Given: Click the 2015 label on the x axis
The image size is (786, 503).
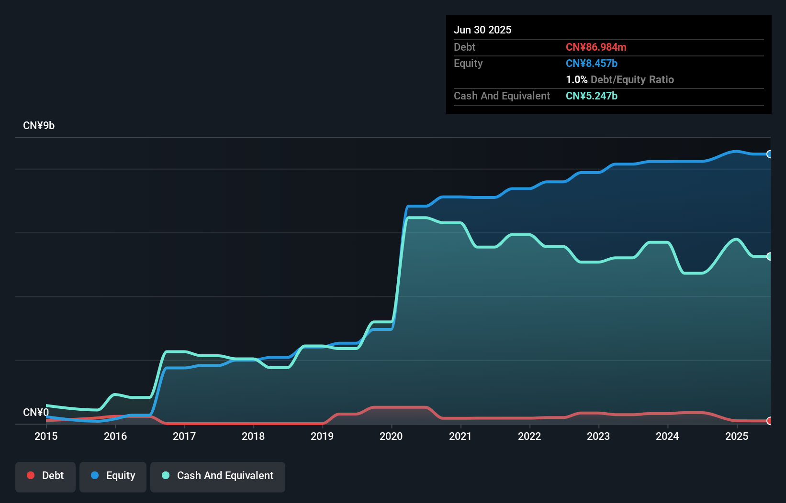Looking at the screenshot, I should pyautogui.click(x=46, y=436).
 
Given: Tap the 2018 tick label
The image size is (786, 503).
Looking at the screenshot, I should pyautogui.click(x=253, y=436).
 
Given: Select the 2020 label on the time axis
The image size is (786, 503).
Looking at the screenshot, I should pyautogui.click(x=391, y=436).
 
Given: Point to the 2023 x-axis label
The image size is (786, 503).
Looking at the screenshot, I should pyautogui.click(x=598, y=436).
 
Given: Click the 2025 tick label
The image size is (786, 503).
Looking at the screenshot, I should pyautogui.click(x=736, y=436).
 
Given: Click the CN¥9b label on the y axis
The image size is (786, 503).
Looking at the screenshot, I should pyautogui.click(x=39, y=126).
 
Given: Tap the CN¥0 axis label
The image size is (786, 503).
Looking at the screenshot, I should pyautogui.click(x=36, y=412).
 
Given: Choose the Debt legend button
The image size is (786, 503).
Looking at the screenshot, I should pyautogui.click(x=45, y=476).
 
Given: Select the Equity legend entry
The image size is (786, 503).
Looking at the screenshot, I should pyautogui.click(x=113, y=476).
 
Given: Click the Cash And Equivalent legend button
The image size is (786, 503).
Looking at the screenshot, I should pyautogui.click(x=218, y=476).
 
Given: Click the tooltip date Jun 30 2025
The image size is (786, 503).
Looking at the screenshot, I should pyautogui.click(x=483, y=30).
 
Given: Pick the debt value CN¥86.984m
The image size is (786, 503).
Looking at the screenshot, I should pyautogui.click(x=596, y=47).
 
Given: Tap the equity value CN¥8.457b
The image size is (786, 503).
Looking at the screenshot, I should pyautogui.click(x=592, y=64).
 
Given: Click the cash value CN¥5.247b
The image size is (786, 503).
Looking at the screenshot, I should pyautogui.click(x=592, y=96).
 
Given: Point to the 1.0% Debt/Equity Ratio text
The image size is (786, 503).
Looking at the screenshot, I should pyautogui.click(x=620, y=80).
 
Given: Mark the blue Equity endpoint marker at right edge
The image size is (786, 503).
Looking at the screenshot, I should pyautogui.click(x=769, y=154).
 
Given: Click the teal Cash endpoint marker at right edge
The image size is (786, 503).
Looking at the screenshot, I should pyautogui.click(x=769, y=256).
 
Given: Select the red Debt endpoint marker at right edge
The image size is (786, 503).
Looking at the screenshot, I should pyautogui.click(x=769, y=421).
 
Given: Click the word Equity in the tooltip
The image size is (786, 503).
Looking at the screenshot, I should pyautogui.click(x=468, y=64).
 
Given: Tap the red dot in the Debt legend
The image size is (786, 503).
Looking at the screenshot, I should pyautogui.click(x=31, y=475).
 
